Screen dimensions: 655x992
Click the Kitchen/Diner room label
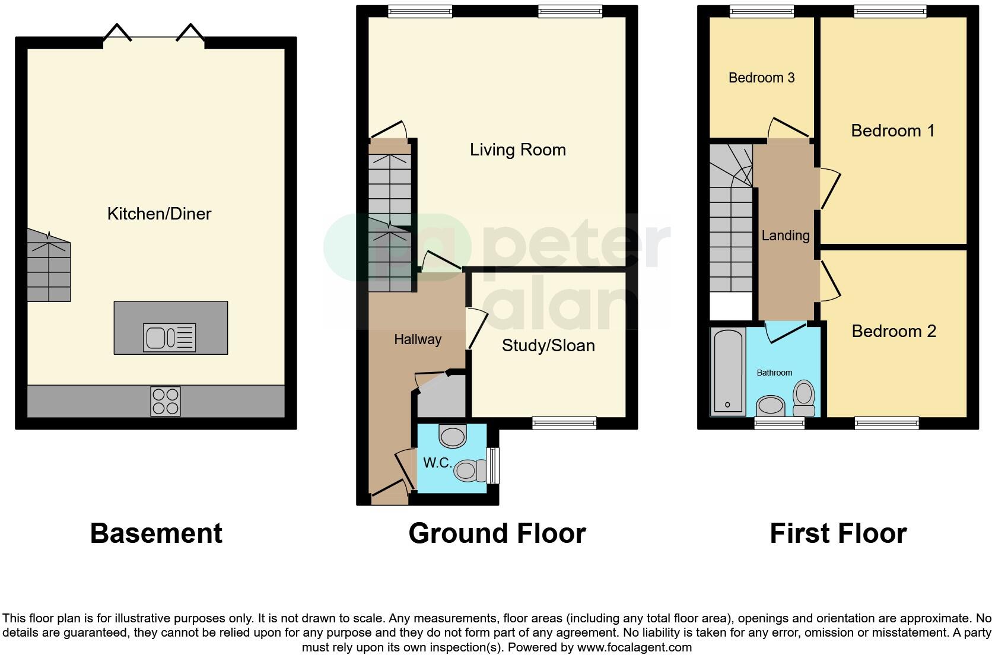[159, 214]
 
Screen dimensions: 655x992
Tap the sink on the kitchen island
[169, 338]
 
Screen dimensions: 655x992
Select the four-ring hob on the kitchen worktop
[165, 401]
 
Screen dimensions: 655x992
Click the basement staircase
[49, 267]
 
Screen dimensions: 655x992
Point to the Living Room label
[517, 150]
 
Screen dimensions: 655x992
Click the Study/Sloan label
[548, 345]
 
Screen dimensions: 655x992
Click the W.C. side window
[492, 465]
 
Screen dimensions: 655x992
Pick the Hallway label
[418, 339]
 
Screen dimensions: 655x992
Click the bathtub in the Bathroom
[727, 371]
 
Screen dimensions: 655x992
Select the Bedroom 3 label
[761, 78]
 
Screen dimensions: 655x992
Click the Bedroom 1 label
[892, 131]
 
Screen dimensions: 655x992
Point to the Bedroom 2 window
[886, 423]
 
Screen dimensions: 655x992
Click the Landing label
[785, 236]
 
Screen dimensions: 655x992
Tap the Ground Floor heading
[497, 533]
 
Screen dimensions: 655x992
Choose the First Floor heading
[838, 533]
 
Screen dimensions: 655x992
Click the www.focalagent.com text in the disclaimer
[634, 647]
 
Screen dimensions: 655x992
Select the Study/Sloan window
[564, 423]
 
